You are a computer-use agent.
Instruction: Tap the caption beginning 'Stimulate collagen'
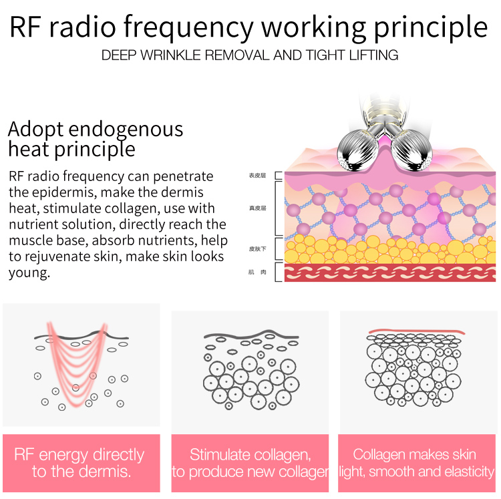[250, 463]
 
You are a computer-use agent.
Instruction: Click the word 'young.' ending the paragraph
[29, 273]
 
